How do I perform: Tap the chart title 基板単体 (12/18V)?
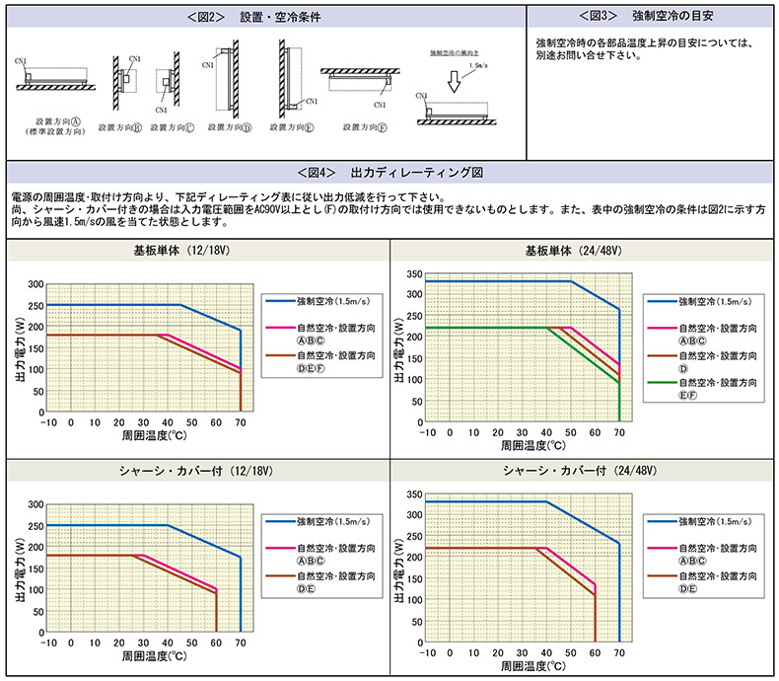[195, 252]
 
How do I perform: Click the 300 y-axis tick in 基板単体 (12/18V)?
[36, 284]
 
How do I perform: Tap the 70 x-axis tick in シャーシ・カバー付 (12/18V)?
[240, 643]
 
